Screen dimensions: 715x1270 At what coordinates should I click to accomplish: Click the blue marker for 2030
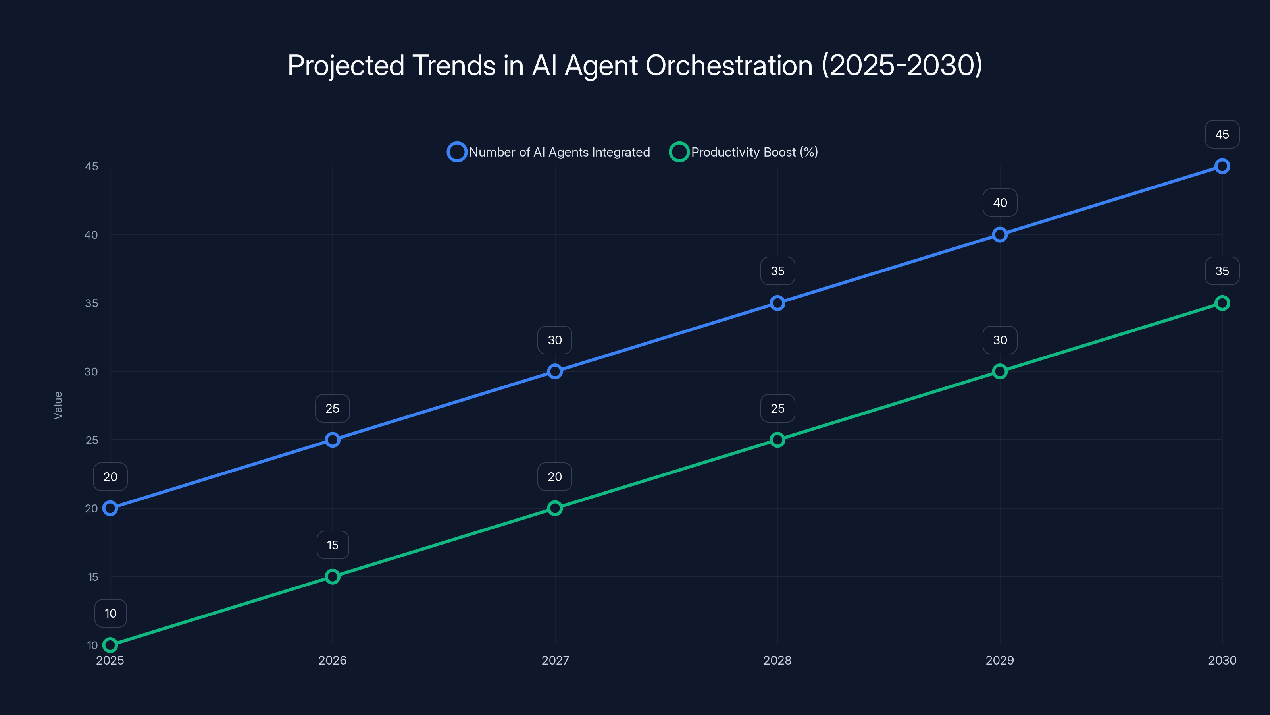click(1222, 166)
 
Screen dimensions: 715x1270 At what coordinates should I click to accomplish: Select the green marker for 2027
click(555, 508)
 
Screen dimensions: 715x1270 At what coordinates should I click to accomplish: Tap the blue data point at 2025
click(110, 508)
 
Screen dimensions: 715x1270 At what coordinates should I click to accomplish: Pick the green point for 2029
click(999, 371)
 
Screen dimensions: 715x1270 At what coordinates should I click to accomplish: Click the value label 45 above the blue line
click(1222, 134)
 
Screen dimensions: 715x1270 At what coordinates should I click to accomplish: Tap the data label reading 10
click(110, 613)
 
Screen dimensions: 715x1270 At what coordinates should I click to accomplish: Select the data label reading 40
click(999, 203)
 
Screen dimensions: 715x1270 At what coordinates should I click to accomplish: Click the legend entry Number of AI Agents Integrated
click(549, 152)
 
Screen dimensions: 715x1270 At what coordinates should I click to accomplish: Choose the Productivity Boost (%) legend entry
click(744, 152)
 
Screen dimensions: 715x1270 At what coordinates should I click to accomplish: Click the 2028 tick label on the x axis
click(777, 660)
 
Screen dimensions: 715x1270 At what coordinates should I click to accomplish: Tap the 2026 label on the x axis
click(332, 660)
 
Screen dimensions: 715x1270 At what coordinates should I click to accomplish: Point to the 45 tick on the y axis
click(91, 166)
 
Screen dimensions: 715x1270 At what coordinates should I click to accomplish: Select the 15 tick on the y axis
click(93, 577)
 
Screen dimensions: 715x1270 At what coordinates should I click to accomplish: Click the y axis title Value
click(58, 405)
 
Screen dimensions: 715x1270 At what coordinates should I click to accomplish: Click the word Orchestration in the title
click(729, 65)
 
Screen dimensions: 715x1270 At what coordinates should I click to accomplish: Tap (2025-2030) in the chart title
click(901, 65)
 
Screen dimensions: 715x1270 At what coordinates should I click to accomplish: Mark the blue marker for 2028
click(777, 303)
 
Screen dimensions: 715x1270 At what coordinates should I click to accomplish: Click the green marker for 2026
click(332, 577)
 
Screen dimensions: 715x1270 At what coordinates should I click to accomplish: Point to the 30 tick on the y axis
click(91, 371)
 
